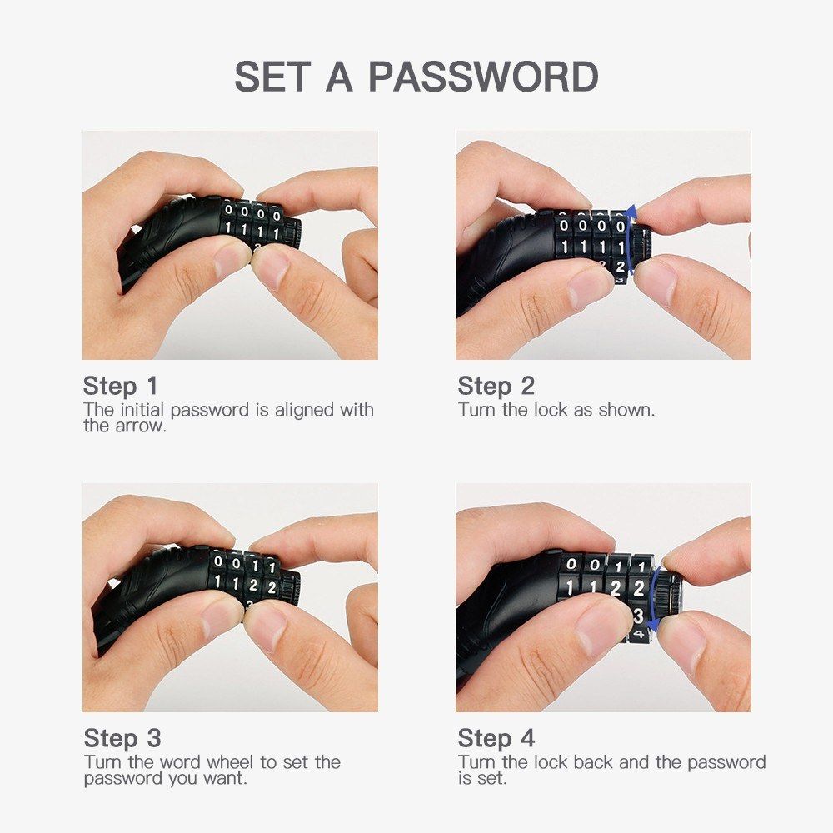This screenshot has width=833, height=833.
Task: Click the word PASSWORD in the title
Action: point(483,77)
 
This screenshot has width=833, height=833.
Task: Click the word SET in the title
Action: point(272,77)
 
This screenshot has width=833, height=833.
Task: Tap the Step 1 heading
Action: point(121,387)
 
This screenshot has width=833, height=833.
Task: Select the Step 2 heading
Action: point(496,387)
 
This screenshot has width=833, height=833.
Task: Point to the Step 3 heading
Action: point(122,738)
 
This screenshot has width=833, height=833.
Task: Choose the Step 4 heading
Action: point(496,738)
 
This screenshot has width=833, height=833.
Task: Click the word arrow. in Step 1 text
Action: point(141,426)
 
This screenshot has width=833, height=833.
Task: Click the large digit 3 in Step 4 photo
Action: point(639,616)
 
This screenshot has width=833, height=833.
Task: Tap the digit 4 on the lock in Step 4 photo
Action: point(639,634)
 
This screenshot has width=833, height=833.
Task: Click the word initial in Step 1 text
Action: point(142,410)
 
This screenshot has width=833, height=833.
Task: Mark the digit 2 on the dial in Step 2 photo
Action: point(620,267)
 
